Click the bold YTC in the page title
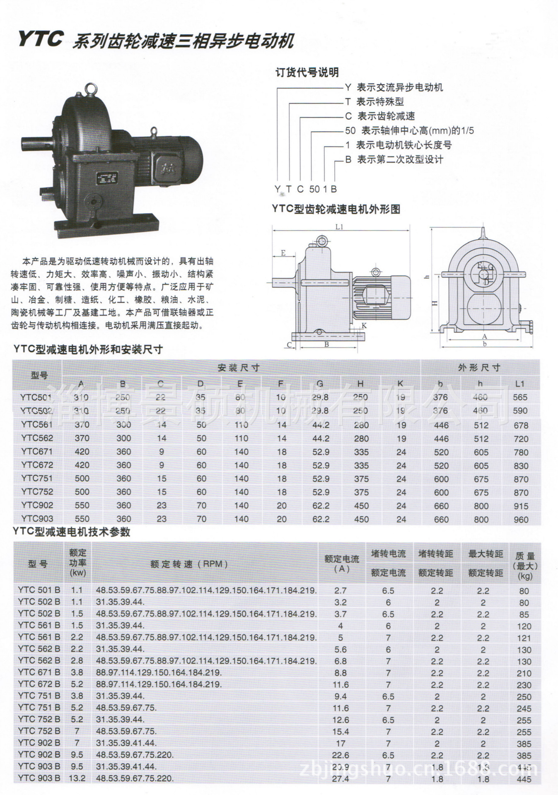point(40,39)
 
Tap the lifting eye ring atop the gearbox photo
point(91,89)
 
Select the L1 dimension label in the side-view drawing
point(339,226)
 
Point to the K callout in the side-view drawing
point(364,325)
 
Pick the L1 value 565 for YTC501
point(520,397)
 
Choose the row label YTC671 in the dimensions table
point(37,451)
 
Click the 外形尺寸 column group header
point(479,367)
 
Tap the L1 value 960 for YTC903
point(521,519)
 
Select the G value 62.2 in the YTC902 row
point(321,506)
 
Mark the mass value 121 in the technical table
point(524,638)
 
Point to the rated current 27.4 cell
point(341,778)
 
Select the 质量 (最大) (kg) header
point(525,566)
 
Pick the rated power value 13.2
point(77,778)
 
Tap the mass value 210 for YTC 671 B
point(524,673)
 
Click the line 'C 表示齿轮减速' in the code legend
point(379,116)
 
